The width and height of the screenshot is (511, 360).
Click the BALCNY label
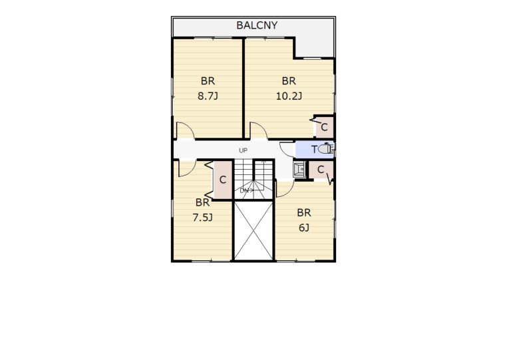(x=257, y=25)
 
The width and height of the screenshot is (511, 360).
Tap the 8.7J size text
(x=208, y=96)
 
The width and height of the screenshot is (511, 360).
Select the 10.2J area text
(x=289, y=96)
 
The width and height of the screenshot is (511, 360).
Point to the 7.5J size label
(x=202, y=218)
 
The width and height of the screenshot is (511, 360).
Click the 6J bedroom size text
(x=303, y=228)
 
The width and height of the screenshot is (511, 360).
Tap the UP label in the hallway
(x=243, y=150)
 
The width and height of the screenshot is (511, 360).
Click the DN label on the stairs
(x=244, y=191)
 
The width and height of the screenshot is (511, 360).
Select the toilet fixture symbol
(x=326, y=149)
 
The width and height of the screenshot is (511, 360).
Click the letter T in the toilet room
(x=314, y=150)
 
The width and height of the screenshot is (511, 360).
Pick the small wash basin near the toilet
(x=299, y=169)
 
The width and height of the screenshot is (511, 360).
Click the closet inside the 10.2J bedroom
(x=323, y=126)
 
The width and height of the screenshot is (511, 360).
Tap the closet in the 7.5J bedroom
(x=223, y=180)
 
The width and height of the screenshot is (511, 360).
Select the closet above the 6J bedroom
(x=321, y=170)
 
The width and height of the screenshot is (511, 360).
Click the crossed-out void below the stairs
(x=254, y=230)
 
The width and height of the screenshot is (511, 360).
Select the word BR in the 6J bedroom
(x=303, y=213)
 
